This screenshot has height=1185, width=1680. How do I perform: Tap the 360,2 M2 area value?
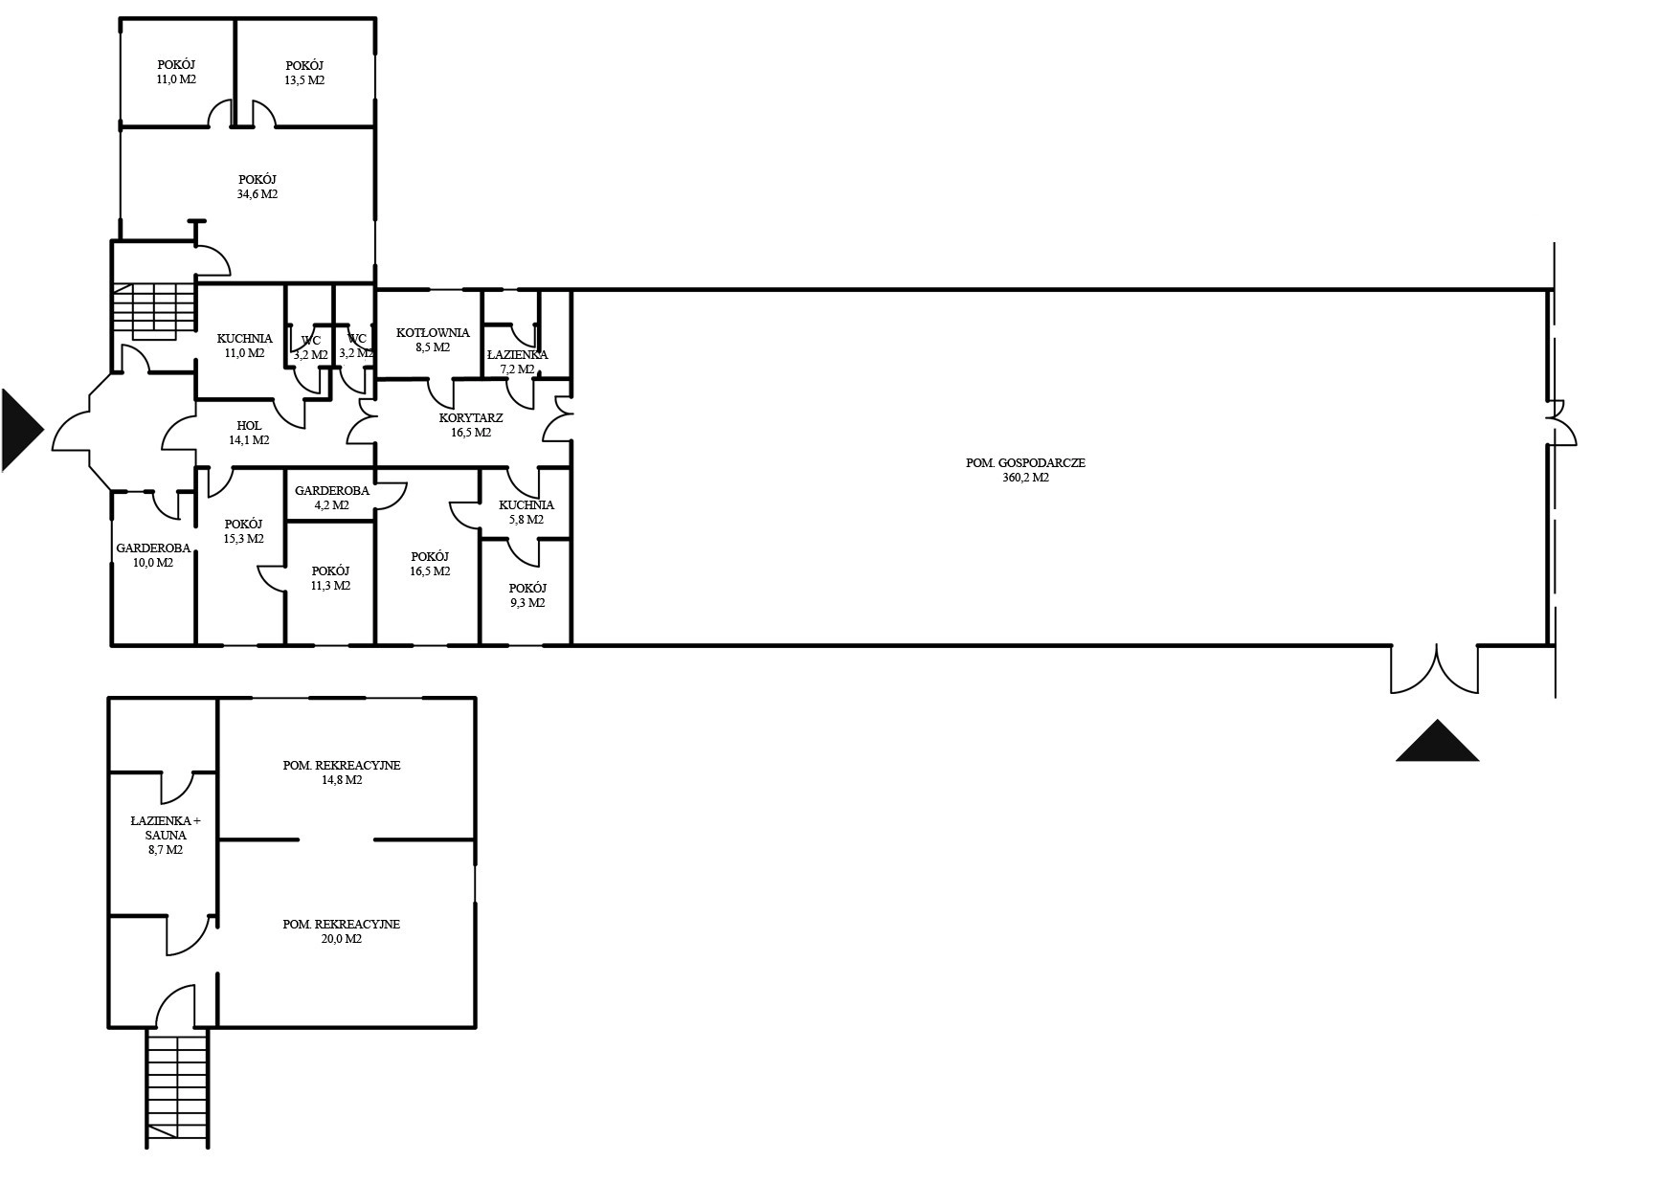[1025, 478]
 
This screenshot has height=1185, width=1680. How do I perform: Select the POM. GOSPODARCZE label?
[1025, 463]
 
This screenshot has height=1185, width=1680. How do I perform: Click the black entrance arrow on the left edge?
[21, 430]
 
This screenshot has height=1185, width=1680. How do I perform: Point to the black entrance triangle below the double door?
[1437, 740]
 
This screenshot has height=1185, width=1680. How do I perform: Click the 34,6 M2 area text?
[258, 194]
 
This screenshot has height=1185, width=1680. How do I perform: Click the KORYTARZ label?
[471, 425]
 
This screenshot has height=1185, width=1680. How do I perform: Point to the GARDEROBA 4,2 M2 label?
[331, 498]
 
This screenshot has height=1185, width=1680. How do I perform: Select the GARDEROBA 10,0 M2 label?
[153, 556]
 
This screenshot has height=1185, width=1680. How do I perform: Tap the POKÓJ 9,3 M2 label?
[527, 595]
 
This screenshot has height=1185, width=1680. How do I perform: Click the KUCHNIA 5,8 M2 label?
[526, 512]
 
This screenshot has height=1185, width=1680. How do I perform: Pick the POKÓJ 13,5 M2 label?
[304, 73]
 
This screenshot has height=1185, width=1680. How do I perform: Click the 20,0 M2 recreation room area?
[342, 939]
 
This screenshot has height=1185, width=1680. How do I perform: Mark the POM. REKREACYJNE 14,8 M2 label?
[342, 772]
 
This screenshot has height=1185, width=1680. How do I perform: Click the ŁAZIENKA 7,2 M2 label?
[517, 362]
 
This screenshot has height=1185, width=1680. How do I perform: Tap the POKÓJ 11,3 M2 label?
[330, 578]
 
